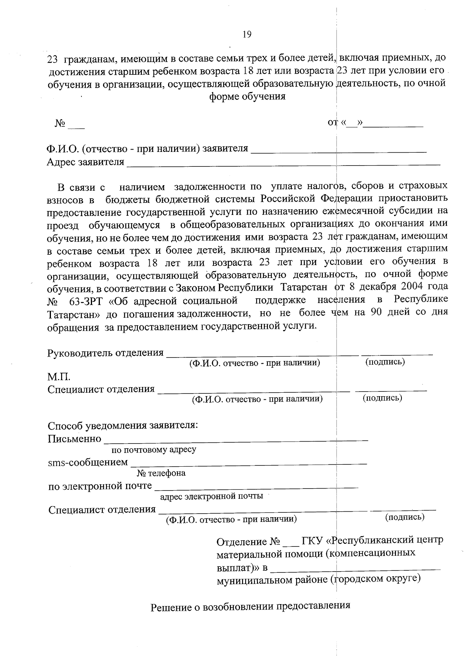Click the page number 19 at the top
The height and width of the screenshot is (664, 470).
(247, 34)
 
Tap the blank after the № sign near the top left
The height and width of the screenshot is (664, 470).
(76, 126)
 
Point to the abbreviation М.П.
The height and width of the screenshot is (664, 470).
(59, 377)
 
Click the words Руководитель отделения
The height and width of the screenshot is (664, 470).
(105, 353)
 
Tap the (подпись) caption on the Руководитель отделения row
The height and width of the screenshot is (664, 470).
(385, 362)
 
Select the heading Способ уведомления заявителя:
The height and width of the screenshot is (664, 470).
(123, 426)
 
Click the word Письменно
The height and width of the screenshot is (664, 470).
(74, 439)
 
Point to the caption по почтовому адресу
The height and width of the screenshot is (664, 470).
(154, 449)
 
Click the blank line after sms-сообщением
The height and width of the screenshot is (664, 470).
(248, 463)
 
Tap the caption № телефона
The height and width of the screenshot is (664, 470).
(161, 473)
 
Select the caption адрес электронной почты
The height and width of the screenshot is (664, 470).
(211, 496)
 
